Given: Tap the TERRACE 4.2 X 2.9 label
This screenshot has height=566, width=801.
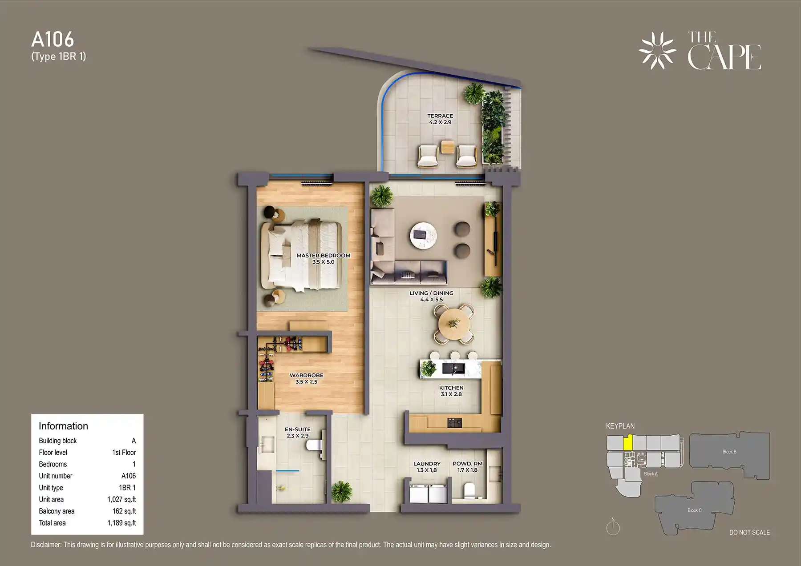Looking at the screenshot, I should [440, 119].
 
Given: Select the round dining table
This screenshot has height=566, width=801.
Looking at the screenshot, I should [453, 323].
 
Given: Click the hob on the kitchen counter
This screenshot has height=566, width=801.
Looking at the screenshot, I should [454, 422].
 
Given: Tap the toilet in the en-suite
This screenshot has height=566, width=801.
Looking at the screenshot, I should [315, 445].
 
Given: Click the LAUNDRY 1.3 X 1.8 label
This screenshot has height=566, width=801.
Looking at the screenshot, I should [426, 466].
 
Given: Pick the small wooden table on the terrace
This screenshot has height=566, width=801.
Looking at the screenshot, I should [448, 146].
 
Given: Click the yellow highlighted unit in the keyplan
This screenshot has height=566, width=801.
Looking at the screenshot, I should [627, 443].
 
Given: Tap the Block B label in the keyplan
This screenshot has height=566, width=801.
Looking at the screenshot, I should [729, 452].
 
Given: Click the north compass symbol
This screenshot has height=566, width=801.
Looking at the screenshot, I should [613, 527].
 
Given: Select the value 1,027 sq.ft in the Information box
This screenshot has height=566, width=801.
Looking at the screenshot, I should [121, 499].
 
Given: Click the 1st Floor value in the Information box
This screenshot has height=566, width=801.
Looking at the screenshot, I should [124, 452].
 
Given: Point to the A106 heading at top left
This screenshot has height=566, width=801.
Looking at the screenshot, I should [53, 40].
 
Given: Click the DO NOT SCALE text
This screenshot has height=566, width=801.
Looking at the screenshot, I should [749, 532].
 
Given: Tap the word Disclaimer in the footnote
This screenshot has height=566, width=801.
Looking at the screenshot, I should [46, 545].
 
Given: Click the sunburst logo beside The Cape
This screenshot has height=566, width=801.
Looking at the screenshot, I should [657, 51].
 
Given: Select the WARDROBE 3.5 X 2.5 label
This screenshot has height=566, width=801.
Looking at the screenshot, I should [306, 378].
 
